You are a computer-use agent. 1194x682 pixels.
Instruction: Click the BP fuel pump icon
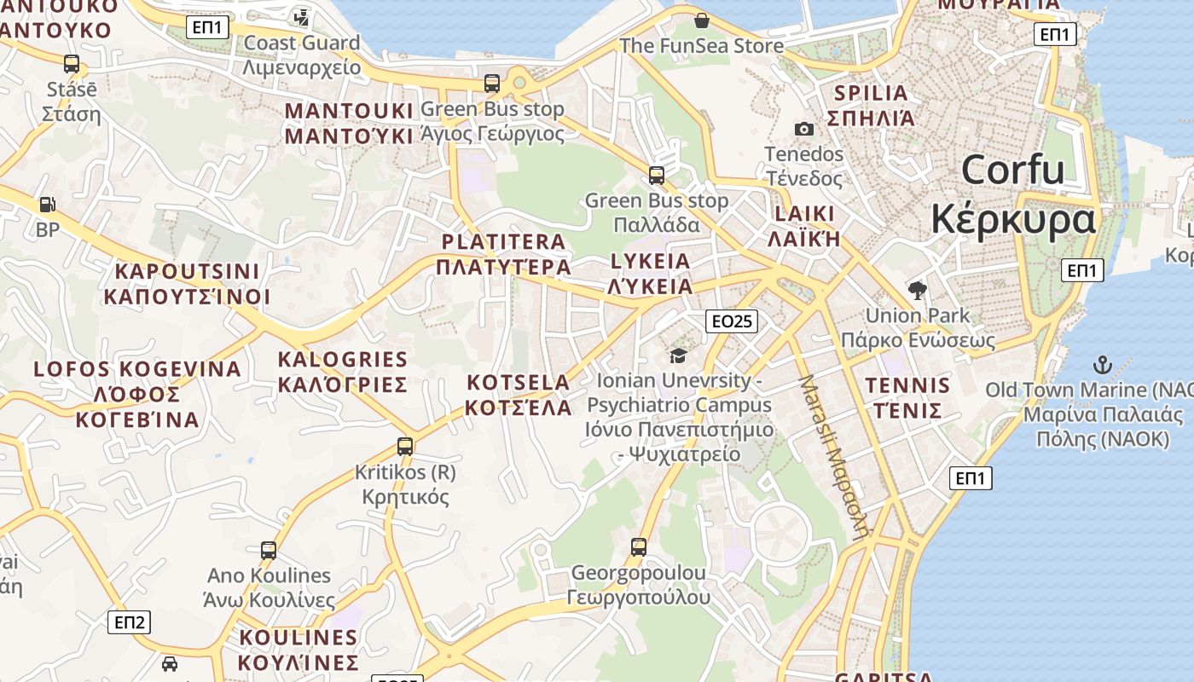48,205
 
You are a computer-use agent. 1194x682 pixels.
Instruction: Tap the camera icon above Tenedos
803,129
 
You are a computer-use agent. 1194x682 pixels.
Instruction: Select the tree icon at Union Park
918,291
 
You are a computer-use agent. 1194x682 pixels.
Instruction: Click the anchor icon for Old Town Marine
1103,366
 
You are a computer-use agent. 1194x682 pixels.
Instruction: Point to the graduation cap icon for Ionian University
678,355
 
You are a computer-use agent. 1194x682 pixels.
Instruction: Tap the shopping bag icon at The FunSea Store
702,20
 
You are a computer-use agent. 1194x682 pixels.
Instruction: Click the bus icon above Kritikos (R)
405,446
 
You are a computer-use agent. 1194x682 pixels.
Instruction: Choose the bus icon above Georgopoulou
639,546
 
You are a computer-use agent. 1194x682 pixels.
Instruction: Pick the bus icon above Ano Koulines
269,551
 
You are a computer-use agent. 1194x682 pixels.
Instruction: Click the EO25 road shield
732,321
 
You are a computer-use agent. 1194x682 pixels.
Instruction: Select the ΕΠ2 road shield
130,621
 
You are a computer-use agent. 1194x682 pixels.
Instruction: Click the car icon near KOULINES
170,663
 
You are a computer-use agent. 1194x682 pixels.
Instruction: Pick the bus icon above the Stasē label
72,63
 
